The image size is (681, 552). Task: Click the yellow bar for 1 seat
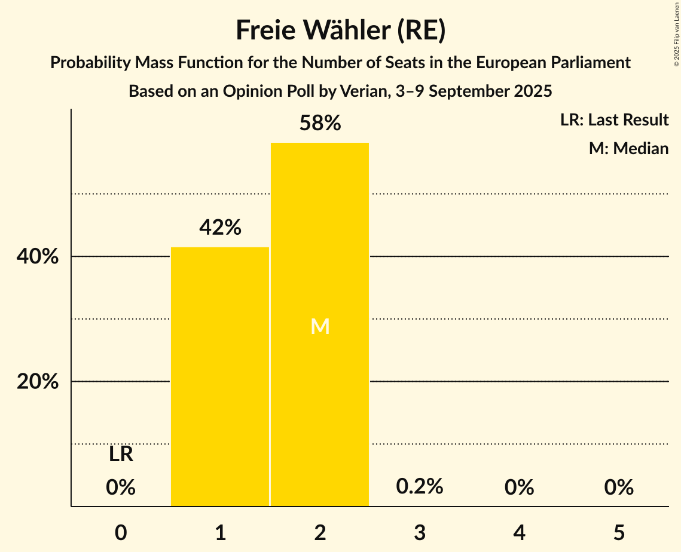tap(220, 376)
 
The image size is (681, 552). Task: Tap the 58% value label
tap(320, 124)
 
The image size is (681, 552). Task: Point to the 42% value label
tap(220, 228)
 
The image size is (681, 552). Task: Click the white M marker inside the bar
tap(320, 326)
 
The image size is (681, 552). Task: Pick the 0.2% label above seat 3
tap(420, 486)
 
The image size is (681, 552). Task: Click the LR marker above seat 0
tap(121, 455)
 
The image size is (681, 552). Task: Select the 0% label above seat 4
tap(519, 487)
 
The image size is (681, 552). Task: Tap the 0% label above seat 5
tap(619, 487)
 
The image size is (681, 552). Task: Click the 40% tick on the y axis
tap(38, 257)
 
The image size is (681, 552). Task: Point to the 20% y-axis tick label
tap(38, 382)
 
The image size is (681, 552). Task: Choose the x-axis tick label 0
tap(121, 532)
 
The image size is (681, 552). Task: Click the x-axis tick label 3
tap(420, 532)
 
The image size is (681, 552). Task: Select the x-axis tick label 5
tap(619, 532)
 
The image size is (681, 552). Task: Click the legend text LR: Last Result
tap(614, 120)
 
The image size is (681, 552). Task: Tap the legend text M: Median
tap(628, 148)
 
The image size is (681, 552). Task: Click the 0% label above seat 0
tap(121, 487)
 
